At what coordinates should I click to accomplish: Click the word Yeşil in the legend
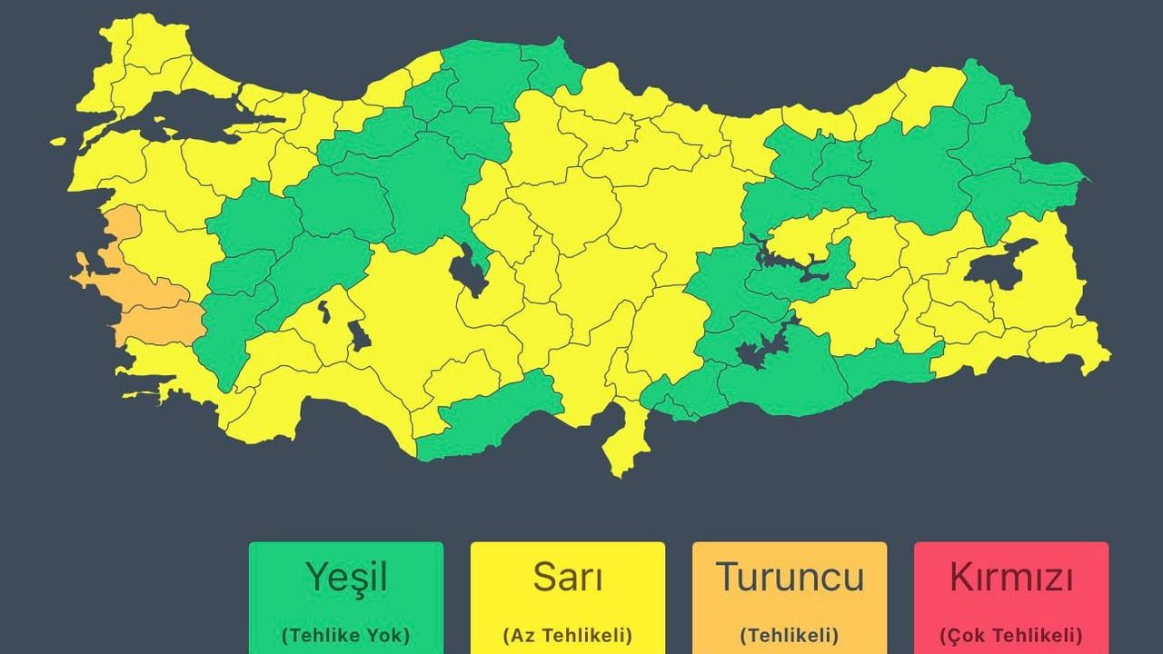tap(346, 578)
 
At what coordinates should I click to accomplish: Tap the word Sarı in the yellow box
tap(568, 578)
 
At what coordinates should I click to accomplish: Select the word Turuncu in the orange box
tap(790, 578)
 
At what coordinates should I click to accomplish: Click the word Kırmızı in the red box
tap(1011, 578)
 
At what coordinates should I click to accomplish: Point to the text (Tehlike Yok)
tap(346, 634)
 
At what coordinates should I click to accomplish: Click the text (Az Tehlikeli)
tap(568, 634)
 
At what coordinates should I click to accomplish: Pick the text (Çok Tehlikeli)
tap(1011, 634)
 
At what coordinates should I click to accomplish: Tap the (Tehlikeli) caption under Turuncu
tap(790, 634)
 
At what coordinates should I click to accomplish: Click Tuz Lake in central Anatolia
tap(467, 267)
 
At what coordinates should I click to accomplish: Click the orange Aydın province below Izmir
tap(154, 322)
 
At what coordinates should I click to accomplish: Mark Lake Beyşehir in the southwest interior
tap(359, 336)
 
